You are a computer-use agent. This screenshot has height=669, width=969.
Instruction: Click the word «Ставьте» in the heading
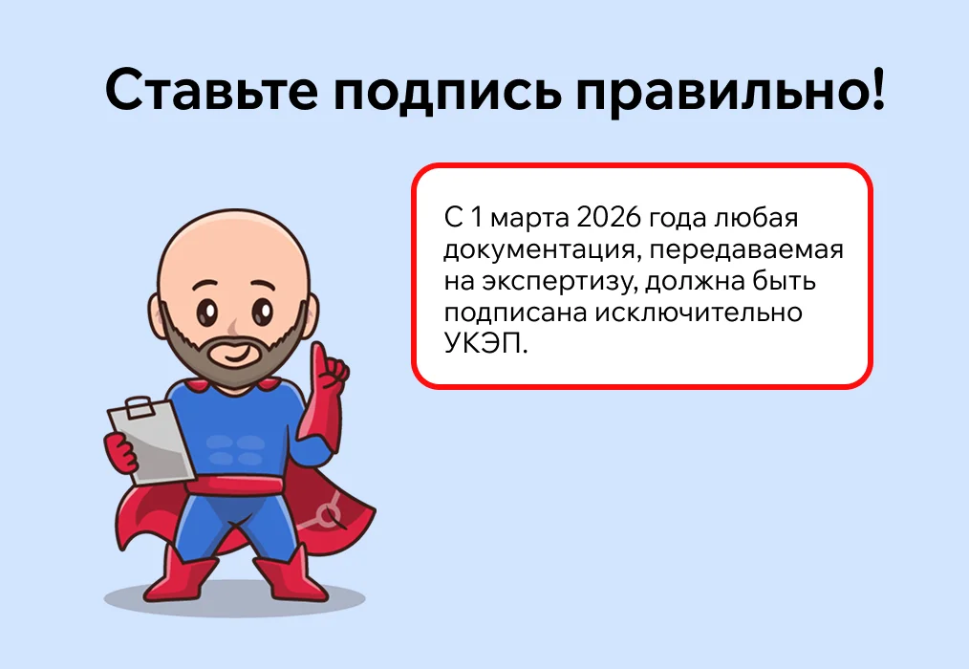pos(211,90)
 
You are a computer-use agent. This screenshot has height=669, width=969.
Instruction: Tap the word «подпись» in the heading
pos(447,94)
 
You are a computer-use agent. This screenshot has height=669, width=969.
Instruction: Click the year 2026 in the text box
pos(606,218)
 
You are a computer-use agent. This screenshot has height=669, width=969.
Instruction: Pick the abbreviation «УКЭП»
pos(485,343)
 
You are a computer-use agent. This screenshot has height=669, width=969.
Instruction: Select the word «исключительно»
pos(699,313)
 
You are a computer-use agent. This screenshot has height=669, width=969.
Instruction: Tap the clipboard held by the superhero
pos(152,442)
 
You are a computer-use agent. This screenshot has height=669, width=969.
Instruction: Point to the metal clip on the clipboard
pos(140,408)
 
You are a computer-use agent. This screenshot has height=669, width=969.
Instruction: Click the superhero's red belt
pos(234,486)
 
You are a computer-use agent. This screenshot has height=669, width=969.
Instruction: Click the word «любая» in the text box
pos(756,218)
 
